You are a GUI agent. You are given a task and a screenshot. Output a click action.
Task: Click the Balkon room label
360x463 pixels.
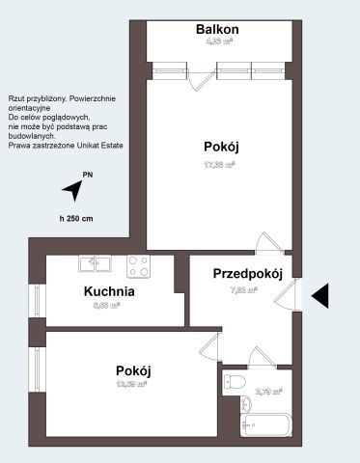click(x=217, y=30)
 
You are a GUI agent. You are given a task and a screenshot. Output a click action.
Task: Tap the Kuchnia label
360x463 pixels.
click(x=108, y=291)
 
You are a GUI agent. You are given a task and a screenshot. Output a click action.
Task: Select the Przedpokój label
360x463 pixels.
click(x=247, y=274)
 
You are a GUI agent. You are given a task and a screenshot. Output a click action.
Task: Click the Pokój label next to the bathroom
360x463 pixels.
click(x=133, y=370)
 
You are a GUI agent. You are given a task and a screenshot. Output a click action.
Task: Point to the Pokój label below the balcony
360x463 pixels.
click(x=221, y=147)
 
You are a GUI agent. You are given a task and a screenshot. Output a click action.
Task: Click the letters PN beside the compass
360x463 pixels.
click(x=88, y=175)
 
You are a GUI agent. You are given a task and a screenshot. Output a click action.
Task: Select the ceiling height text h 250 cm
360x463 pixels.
click(x=74, y=219)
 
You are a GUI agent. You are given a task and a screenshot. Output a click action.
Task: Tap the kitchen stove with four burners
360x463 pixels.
click(x=138, y=263)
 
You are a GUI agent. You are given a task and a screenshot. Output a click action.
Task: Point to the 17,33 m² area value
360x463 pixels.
click(x=220, y=164)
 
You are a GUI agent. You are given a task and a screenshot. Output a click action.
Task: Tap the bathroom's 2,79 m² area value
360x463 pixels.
click(x=269, y=392)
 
